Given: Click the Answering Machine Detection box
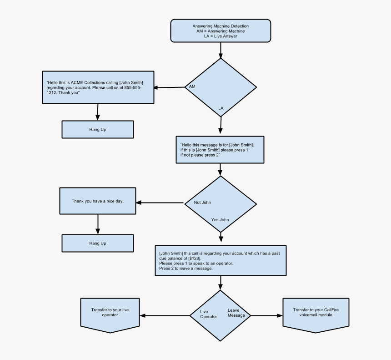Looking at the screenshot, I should (x=221, y=31).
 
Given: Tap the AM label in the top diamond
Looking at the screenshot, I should (x=192, y=86).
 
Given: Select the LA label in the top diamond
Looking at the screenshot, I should (x=221, y=108).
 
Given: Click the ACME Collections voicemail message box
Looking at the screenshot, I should (x=97, y=87).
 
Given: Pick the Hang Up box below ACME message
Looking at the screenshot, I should (x=97, y=129).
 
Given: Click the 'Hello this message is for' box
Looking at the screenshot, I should (x=220, y=149).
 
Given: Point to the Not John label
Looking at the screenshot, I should (x=202, y=203).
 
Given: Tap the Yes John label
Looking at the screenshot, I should (x=220, y=219).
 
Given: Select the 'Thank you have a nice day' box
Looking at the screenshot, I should (x=97, y=201).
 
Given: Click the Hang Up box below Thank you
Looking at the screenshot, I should (x=97, y=243).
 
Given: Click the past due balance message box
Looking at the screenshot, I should (x=221, y=261).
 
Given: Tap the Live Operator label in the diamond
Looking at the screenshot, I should (x=208, y=314).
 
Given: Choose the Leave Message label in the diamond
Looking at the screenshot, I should (x=236, y=313).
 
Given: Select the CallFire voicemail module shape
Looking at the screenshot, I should (x=316, y=314).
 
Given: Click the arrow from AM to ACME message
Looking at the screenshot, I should (x=169, y=87).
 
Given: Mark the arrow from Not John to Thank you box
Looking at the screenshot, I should (x=160, y=203).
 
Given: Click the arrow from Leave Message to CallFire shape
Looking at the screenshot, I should (x=266, y=315).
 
